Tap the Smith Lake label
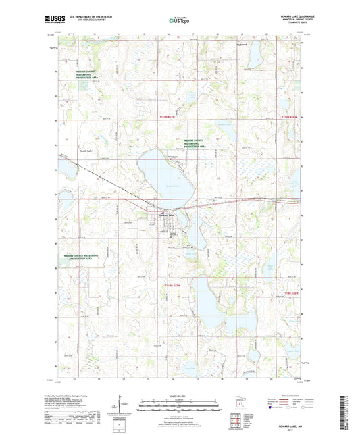[86, 151]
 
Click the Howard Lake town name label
[166, 215]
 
